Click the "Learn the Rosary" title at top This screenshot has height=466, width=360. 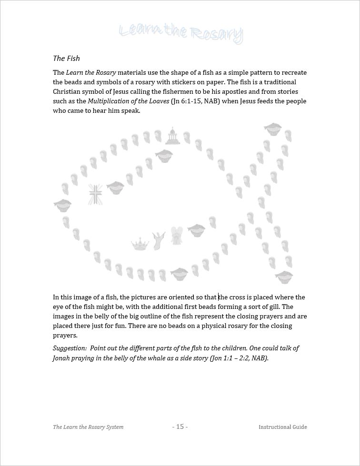180,33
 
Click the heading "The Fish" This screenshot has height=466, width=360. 66,59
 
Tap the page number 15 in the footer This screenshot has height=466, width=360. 180,426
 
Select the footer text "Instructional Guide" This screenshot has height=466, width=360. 282,427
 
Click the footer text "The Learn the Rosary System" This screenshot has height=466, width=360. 88,427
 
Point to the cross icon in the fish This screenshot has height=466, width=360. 95,195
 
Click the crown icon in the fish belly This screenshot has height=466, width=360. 140,245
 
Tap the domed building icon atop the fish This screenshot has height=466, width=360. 172,136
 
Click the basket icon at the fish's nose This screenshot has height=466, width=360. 62,206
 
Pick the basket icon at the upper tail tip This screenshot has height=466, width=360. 272,129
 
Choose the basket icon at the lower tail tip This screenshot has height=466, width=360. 284,276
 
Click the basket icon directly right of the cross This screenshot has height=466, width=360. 115,187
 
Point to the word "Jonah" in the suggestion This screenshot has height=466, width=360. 62,358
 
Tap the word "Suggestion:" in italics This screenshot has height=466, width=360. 70,348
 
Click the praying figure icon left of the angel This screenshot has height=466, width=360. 158,240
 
